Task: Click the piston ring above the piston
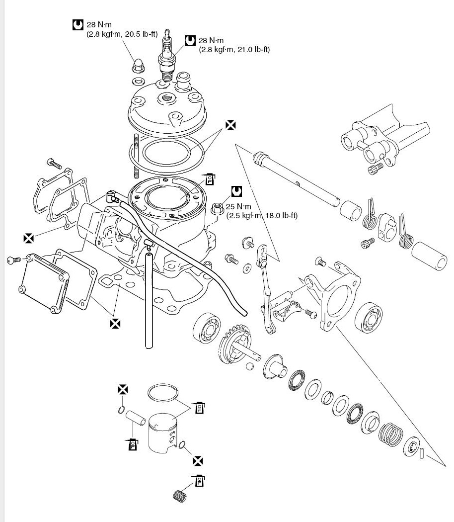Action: (x=163, y=393)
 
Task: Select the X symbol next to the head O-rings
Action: (x=230, y=125)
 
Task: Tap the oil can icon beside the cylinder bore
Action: (x=210, y=178)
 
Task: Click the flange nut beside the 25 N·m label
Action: (x=217, y=208)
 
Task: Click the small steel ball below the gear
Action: (x=250, y=366)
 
